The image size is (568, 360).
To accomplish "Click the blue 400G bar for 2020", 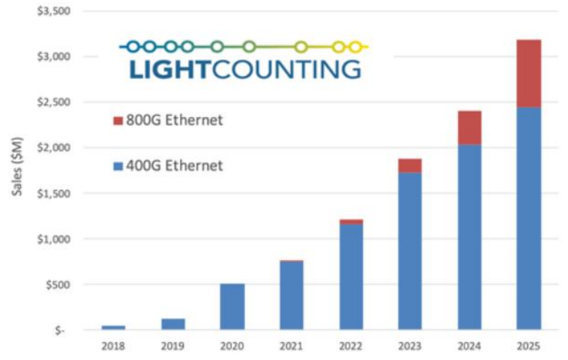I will [x=232, y=307].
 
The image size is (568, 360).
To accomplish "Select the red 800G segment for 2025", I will [x=528, y=73].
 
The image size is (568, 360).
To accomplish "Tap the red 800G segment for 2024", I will [x=469, y=127].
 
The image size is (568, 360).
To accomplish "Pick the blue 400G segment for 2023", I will [x=410, y=250].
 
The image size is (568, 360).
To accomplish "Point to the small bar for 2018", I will [x=114, y=327].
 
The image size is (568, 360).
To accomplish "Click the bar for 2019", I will [x=173, y=324].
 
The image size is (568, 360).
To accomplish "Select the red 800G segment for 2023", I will [x=410, y=165].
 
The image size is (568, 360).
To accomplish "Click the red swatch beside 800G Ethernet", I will [x=118, y=121].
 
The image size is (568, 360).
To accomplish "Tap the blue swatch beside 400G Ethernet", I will [x=118, y=166].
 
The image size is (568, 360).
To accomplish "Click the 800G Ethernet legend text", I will [x=175, y=120].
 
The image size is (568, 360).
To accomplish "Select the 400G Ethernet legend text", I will [x=175, y=165].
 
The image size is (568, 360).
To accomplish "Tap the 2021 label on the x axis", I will [x=291, y=346].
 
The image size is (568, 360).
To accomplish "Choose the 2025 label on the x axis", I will [x=528, y=346].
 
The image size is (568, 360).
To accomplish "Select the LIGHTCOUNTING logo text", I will [x=244, y=70].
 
